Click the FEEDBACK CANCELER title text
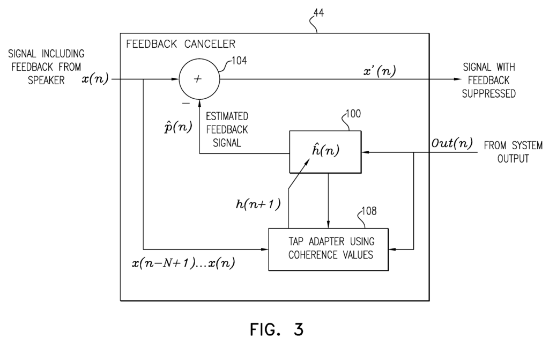[180, 43]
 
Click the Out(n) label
[451, 143]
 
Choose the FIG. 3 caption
[276, 329]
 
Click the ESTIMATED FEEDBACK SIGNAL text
[227, 129]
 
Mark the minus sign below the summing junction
[186, 102]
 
